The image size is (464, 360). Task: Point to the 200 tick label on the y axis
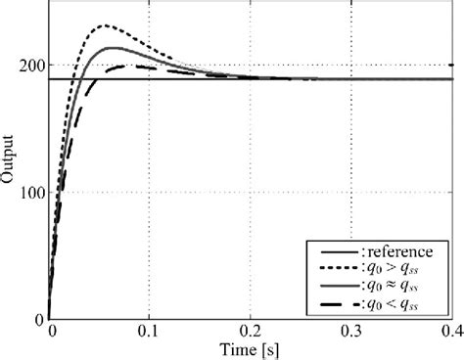(x=31, y=66)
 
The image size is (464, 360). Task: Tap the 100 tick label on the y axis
(x=31, y=193)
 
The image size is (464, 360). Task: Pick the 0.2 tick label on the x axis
(x=251, y=332)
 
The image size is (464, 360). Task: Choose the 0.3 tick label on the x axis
(x=351, y=332)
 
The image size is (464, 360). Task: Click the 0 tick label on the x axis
(x=51, y=332)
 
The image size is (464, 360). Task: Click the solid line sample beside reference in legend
(x=328, y=251)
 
